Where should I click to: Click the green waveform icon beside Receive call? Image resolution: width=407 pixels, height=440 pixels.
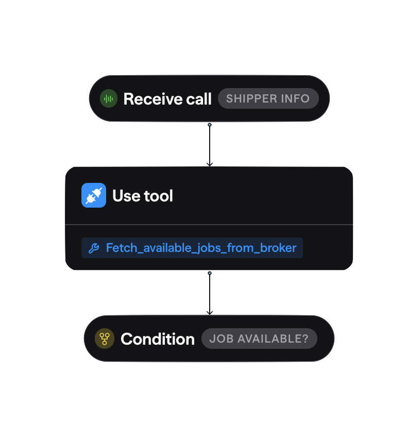point(108,98)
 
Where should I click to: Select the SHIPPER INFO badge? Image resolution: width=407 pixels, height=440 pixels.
point(268,98)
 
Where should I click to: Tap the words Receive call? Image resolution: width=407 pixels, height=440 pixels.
point(167,99)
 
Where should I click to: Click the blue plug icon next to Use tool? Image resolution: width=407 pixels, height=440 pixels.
point(94,195)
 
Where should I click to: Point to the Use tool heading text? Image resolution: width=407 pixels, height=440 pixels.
point(143,196)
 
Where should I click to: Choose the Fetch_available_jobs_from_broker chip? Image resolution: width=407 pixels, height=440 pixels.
point(192,248)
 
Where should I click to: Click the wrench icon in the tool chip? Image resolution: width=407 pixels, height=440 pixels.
point(94,248)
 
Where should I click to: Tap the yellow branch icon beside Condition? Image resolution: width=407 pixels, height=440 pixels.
point(105,339)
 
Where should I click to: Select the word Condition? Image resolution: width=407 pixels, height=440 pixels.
point(158,339)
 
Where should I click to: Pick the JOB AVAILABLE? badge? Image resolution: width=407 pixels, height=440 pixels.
point(259,339)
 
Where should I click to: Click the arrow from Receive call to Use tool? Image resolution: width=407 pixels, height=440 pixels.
point(210,144)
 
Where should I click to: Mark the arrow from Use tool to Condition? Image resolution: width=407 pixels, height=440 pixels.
point(210,293)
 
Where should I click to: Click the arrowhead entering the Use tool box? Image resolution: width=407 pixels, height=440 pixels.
point(210,164)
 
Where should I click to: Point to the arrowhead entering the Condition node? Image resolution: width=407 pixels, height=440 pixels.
point(210,312)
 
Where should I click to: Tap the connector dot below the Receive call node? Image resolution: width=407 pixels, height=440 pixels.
point(210,125)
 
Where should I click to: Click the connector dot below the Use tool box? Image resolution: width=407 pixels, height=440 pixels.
point(210,273)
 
